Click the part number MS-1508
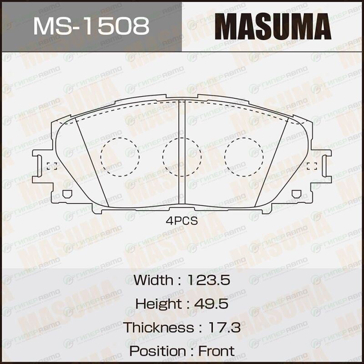pos(91,26)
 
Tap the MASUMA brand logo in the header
pos(273,26)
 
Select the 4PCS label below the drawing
pos(182,221)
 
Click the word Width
pos(153,280)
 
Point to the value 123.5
pos(209,280)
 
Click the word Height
pos(158,303)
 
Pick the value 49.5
pos(211,303)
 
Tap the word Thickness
pos(158,327)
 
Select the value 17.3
pos(224,327)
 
